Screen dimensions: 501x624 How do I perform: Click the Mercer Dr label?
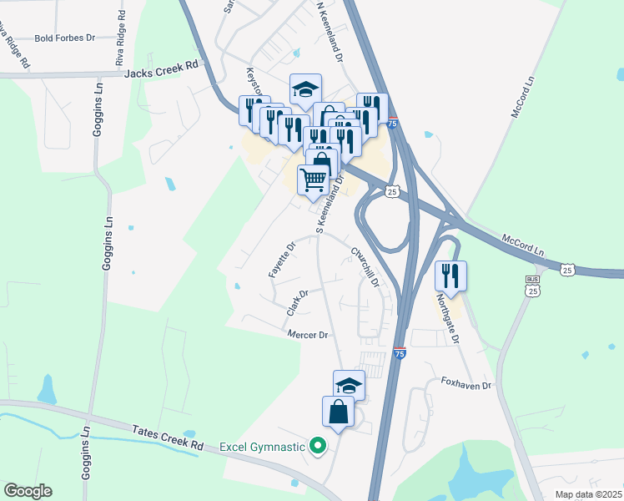309,335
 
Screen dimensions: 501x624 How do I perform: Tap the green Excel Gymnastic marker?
317,447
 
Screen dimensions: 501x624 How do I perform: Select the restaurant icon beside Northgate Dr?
450,276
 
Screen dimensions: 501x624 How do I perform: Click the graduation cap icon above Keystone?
306,89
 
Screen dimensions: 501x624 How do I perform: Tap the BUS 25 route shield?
532,285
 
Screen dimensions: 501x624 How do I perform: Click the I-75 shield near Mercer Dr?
400,353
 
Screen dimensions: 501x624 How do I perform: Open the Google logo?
28,491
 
